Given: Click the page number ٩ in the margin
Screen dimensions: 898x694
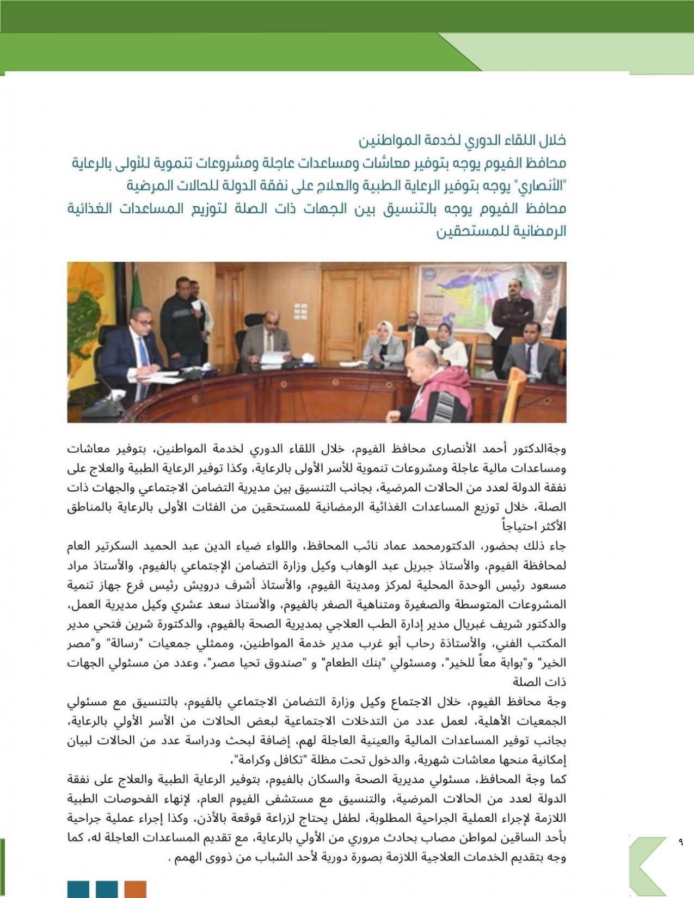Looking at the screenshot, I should click(680, 842).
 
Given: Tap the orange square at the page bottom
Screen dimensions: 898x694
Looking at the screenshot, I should click(136, 889).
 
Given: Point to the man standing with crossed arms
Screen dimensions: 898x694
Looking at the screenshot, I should click(512, 316).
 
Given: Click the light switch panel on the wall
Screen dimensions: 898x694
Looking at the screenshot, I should click(300, 311).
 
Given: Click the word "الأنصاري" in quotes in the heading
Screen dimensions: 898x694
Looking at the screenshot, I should click(544, 186).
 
